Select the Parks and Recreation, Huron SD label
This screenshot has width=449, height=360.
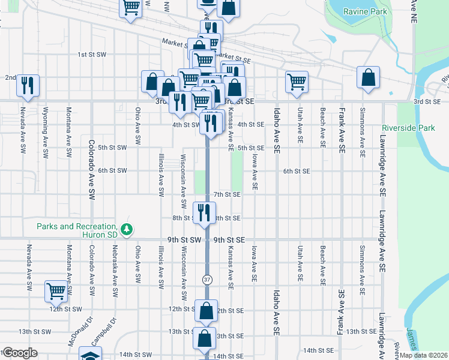[77, 230]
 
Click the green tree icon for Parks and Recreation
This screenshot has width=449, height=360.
[126, 229]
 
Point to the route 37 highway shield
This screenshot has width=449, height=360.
[207, 280]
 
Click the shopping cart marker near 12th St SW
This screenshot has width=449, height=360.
[56, 291]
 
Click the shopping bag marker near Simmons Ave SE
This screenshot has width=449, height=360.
[368, 77]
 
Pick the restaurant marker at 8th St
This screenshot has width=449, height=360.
[204, 212]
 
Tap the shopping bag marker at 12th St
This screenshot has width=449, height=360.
[206, 311]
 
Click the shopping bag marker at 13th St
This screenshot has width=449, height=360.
[204, 338]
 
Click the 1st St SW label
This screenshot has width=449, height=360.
[92, 55]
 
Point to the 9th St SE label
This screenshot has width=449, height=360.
[229, 239]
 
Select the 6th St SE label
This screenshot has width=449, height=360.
[297, 171]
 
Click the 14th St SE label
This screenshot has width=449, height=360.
[318, 350]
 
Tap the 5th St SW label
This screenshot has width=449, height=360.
[112, 148]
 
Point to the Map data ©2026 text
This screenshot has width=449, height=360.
[423, 355]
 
